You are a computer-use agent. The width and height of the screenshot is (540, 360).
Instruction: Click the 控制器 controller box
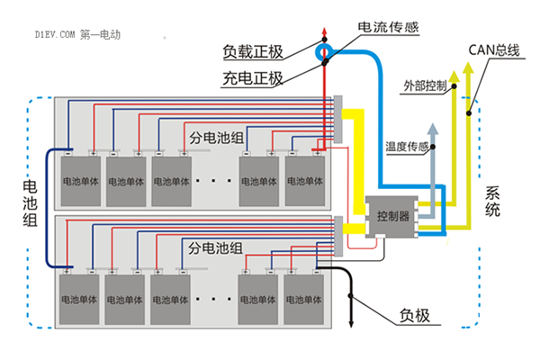(x=391, y=217)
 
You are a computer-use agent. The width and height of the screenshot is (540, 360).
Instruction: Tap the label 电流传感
(x=388, y=27)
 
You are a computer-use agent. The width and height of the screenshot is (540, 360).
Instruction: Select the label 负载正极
(x=253, y=51)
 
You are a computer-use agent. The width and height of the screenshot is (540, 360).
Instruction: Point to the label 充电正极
(x=253, y=78)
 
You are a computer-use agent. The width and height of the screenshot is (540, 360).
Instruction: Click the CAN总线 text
(x=494, y=50)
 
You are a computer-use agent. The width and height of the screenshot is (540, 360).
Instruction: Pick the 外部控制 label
(x=425, y=85)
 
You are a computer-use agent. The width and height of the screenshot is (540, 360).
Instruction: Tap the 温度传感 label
(x=407, y=147)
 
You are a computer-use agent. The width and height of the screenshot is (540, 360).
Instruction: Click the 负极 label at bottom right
(x=415, y=316)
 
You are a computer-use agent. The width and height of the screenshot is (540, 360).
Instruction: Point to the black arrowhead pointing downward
(x=351, y=324)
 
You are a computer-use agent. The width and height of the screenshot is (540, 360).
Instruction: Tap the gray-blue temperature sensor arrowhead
(x=433, y=129)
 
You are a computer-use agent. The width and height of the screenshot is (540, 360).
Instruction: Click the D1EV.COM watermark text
(x=55, y=34)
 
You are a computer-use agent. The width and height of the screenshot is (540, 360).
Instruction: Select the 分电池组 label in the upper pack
(x=216, y=138)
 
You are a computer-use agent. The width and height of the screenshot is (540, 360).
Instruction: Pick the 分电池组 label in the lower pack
(x=215, y=248)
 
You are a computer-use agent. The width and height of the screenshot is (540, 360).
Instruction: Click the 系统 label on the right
(x=492, y=202)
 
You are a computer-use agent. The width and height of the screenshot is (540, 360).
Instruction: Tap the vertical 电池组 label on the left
(x=30, y=203)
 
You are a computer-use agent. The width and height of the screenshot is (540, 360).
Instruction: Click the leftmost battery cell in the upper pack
(x=81, y=181)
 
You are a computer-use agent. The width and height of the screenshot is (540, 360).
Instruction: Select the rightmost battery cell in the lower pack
(x=304, y=300)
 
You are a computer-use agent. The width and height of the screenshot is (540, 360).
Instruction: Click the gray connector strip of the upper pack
(x=338, y=119)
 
